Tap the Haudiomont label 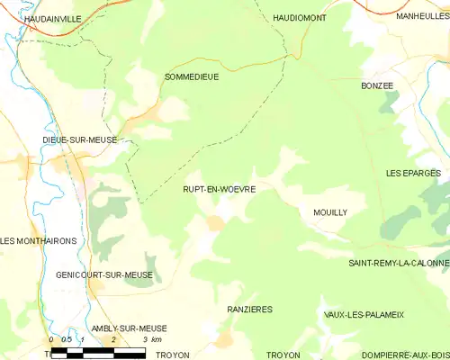(300, 17)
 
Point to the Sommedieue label (192, 77)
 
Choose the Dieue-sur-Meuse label (80, 140)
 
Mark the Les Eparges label (413, 172)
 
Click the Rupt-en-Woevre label (219, 190)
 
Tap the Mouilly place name (330, 211)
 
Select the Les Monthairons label (39, 241)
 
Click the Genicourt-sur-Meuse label (103, 274)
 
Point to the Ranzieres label (248, 309)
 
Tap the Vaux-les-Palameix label (364, 314)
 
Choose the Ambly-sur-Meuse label (129, 328)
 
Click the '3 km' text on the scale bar (152, 340)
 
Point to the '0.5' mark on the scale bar (67, 340)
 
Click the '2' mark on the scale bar (113, 340)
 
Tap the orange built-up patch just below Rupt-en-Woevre (215, 222)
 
